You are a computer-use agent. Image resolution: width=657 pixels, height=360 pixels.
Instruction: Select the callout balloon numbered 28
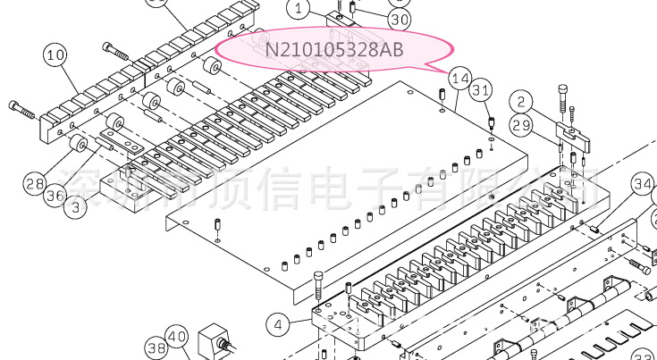click(x=35, y=184)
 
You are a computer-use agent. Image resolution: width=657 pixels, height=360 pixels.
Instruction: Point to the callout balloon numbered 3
click(x=79, y=208)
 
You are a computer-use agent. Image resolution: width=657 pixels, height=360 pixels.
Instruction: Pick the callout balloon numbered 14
click(x=459, y=80)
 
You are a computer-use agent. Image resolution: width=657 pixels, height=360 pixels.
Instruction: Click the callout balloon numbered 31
click(x=482, y=89)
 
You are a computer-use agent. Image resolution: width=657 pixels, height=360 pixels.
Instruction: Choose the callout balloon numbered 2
click(x=522, y=101)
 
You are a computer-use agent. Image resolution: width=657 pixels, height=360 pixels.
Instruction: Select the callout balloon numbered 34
click(x=643, y=185)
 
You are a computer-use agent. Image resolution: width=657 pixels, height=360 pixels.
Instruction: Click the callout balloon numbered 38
click(x=156, y=347)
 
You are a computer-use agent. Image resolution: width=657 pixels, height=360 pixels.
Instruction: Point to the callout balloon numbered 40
click(x=177, y=339)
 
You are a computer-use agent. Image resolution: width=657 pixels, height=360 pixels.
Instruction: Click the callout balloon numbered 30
click(x=400, y=19)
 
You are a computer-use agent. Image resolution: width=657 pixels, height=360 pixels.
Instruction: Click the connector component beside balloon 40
click(x=217, y=342)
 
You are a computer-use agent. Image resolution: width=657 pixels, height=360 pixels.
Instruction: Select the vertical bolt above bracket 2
click(x=562, y=95)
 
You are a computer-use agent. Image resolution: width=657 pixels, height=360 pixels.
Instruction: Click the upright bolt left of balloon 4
click(x=319, y=284)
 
